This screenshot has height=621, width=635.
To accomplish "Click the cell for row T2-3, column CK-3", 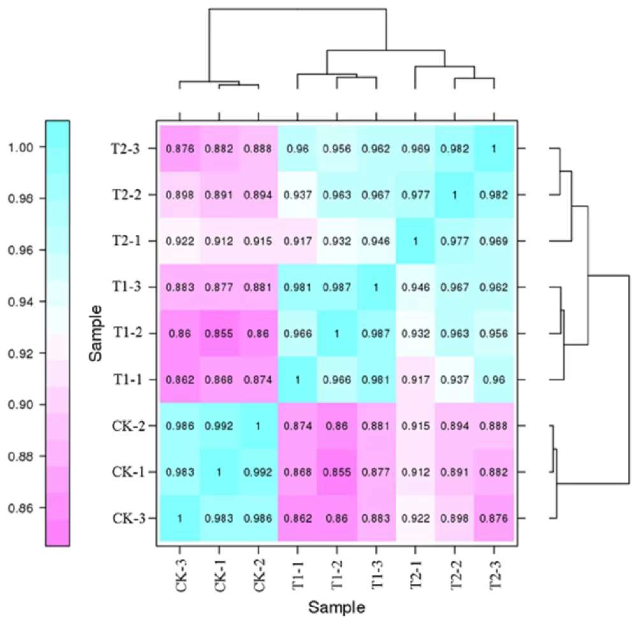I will [x=180, y=149].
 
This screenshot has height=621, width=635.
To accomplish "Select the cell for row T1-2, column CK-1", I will [x=219, y=333].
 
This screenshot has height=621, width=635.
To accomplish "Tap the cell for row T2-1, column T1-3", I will [x=376, y=241].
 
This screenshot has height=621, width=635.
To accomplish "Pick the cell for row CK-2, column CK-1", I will [x=219, y=426].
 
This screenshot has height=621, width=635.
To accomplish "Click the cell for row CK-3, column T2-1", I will [x=415, y=518].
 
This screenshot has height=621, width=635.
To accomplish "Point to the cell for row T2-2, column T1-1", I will [x=298, y=195].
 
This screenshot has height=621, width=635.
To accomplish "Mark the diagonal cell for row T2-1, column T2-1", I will [x=415, y=241].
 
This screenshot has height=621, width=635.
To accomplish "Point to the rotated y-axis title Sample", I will [x=96, y=333].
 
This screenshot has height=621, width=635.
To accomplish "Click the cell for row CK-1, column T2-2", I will [x=454, y=472].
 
